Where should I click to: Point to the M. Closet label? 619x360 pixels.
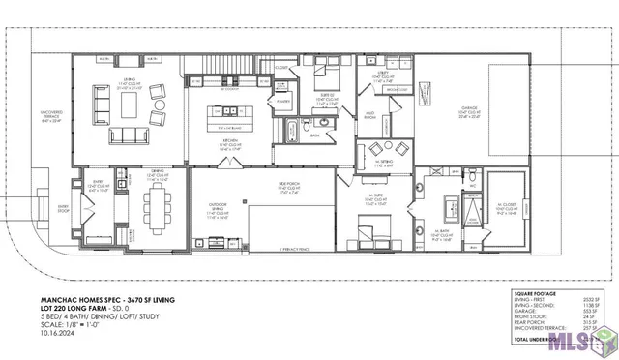coord(507,206)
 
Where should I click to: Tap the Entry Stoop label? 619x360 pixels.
coord(64,207)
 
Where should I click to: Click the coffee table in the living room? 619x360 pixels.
coord(127,100)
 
